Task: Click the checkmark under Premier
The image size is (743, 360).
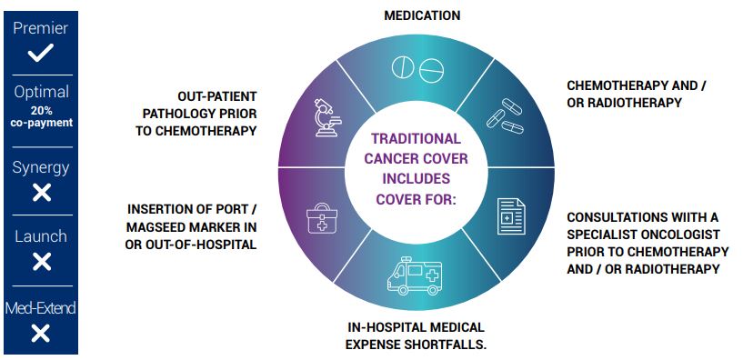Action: tap(40, 53)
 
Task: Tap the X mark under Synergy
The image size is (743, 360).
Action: tap(42, 193)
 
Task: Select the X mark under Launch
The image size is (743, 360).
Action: tap(42, 262)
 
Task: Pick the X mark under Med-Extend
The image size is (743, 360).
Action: tap(41, 333)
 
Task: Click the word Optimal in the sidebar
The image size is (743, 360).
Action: tap(41, 92)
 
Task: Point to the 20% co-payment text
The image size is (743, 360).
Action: tap(42, 117)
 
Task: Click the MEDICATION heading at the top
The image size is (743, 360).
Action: tap(422, 15)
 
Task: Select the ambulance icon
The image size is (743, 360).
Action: tap(414, 275)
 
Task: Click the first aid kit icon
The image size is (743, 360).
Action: tap(322, 218)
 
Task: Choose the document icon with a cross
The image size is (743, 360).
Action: tap(511, 216)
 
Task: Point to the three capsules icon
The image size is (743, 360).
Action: tap(505, 116)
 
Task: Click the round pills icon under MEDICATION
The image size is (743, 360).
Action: tap(417, 70)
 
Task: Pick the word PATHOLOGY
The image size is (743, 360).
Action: tap(174, 114)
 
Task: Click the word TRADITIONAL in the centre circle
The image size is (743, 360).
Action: tap(416, 139)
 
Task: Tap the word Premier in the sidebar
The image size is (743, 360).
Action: tap(41, 28)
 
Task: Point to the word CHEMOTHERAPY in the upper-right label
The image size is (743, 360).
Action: tap(615, 85)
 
